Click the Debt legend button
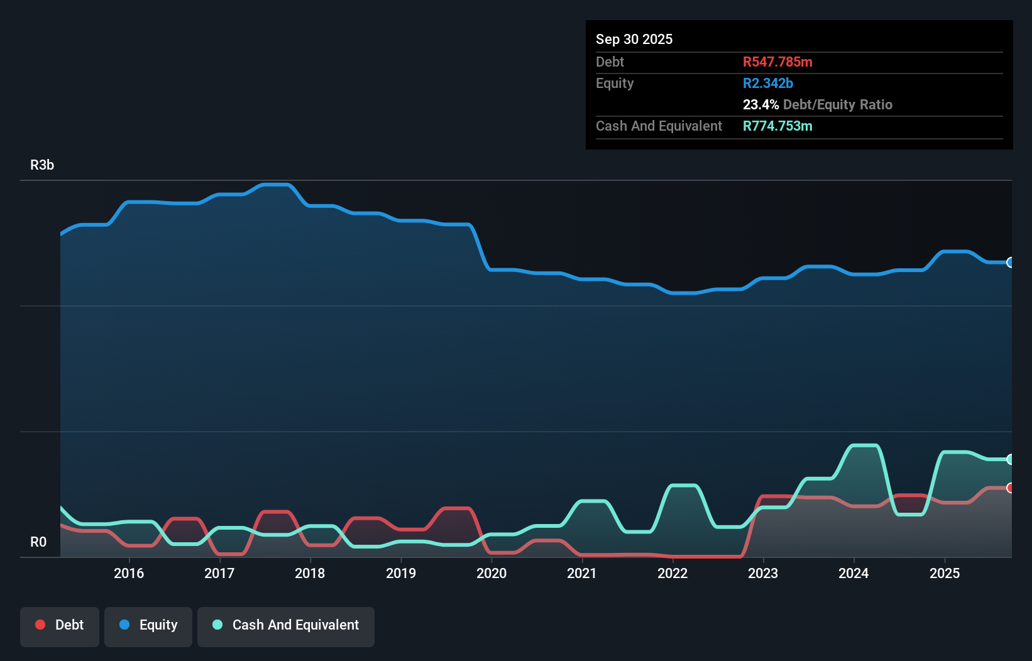point(60,626)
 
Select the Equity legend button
point(148,626)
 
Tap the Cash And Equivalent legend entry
point(286,626)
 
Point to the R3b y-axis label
point(42,165)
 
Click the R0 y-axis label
point(38,542)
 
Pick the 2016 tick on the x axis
point(129,573)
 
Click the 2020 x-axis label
point(491,573)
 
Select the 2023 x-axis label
point(763,573)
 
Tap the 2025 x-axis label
point(945,573)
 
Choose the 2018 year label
point(310,573)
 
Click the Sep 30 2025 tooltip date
point(634,40)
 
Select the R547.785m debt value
point(777,62)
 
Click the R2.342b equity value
point(768,84)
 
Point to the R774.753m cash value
point(777,126)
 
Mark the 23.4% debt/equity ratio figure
point(760,105)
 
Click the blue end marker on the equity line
point(1010,263)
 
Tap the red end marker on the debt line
point(1010,488)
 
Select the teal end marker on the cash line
point(1010,459)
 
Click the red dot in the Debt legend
point(40,625)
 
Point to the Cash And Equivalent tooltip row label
point(659,126)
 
